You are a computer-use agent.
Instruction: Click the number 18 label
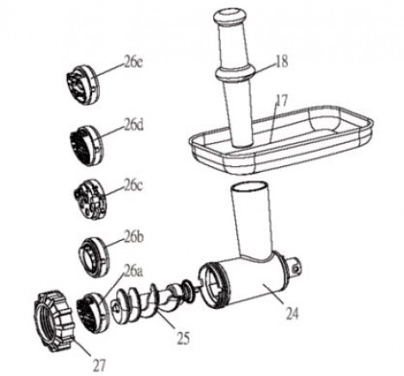click(x=282, y=62)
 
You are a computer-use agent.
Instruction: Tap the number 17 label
click(x=281, y=101)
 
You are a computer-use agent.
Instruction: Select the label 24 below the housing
click(x=292, y=313)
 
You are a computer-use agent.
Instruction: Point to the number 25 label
click(x=183, y=338)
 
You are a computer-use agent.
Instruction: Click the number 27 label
click(x=99, y=365)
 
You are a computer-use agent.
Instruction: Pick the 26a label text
click(x=133, y=271)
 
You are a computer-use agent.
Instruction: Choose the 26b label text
click(x=133, y=237)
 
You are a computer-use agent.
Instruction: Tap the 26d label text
click(x=133, y=126)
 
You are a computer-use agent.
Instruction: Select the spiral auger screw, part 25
click(x=149, y=304)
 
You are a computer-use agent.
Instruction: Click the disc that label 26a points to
click(x=93, y=312)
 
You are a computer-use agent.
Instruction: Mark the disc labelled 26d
click(x=86, y=145)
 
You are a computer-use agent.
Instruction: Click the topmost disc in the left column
click(x=82, y=84)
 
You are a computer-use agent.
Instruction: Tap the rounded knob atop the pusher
click(x=230, y=17)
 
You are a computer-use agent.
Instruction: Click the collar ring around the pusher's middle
click(x=235, y=73)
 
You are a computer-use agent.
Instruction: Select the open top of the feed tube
click(x=248, y=188)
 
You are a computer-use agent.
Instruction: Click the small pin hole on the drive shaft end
click(x=296, y=268)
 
